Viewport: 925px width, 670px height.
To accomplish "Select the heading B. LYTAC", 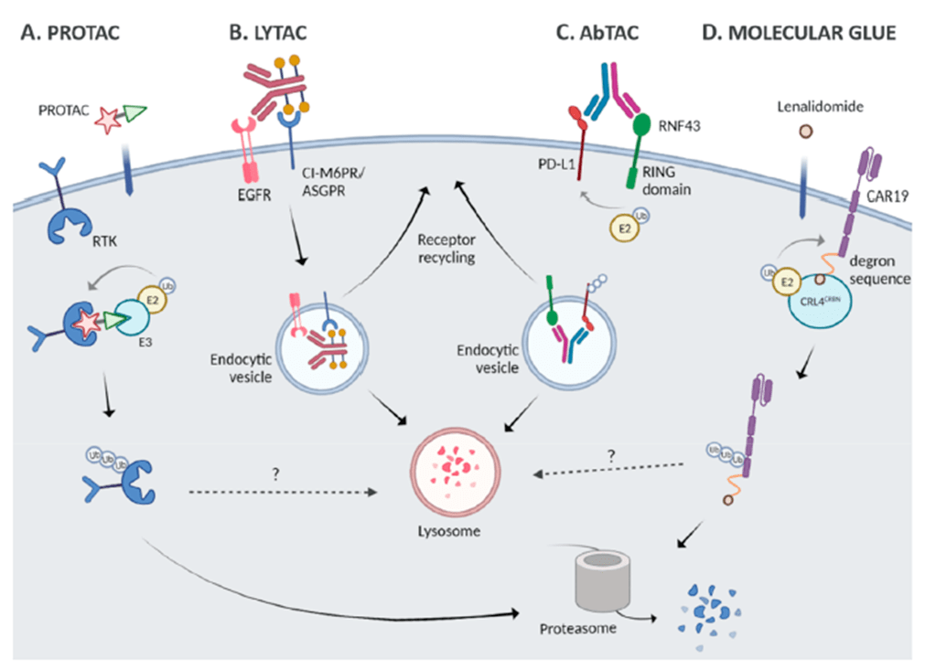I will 267,34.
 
